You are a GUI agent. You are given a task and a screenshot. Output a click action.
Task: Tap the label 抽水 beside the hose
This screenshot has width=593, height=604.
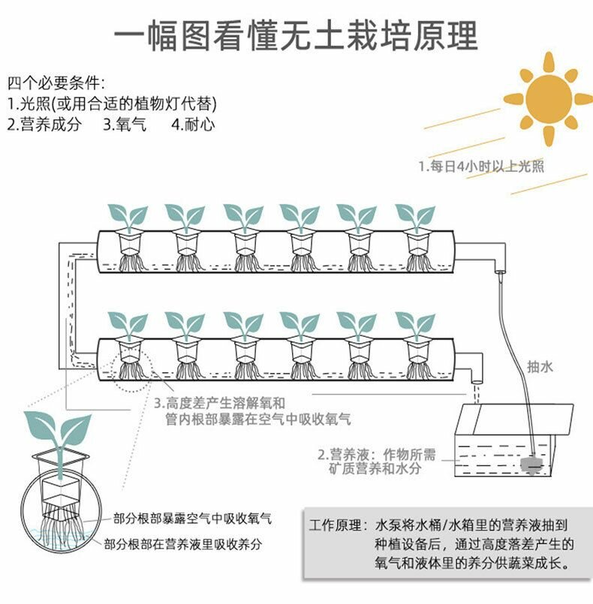[x=540, y=367]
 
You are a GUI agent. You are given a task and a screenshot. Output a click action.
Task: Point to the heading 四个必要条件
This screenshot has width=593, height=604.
[x=56, y=82]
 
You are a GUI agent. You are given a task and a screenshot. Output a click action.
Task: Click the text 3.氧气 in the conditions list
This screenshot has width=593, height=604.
[x=125, y=125]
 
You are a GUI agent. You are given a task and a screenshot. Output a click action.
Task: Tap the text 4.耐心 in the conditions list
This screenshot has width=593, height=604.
[x=193, y=125]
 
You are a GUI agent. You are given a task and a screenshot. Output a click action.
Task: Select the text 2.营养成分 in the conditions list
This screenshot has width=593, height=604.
[x=44, y=125]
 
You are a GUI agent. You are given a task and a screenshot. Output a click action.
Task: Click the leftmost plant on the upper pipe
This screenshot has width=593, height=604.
[x=128, y=218]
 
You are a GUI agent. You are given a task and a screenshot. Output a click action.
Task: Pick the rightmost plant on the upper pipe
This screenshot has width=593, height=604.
[x=415, y=218]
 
